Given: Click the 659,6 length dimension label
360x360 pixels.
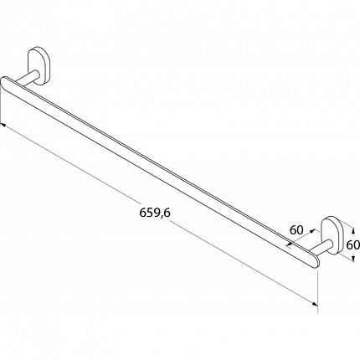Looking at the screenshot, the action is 155,213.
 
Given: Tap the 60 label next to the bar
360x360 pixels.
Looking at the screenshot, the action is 296,230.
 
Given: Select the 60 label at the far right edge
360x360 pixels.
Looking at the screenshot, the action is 352,245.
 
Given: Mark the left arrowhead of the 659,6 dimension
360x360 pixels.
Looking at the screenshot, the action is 3,126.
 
